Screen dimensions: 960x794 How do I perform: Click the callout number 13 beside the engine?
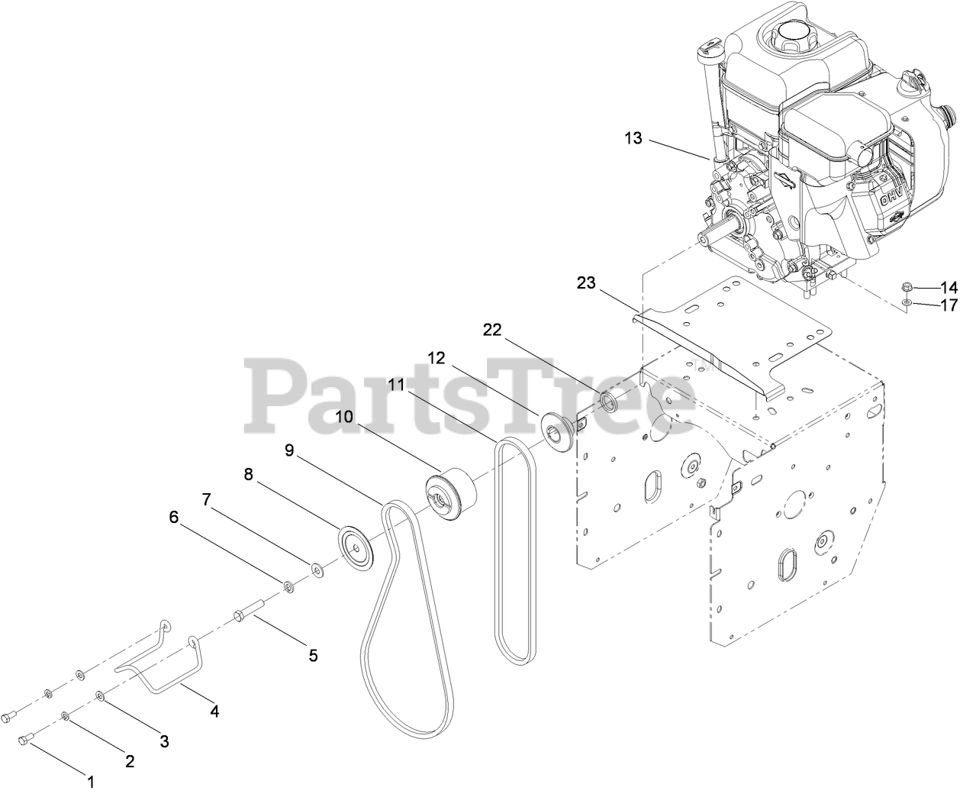pyautogui.click(x=633, y=138)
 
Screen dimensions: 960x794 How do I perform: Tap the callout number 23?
pyautogui.click(x=587, y=283)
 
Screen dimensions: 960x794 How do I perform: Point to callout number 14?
pyautogui.click(x=948, y=288)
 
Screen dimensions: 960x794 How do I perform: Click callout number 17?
pyautogui.click(x=948, y=305)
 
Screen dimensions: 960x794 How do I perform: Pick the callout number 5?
pyautogui.click(x=312, y=655)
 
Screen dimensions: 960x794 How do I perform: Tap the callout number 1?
pyautogui.click(x=91, y=782)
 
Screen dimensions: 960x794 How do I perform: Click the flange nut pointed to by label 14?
pyautogui.click(x=907, y=289)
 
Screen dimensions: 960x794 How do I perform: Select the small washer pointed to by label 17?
pyautogui.click(x=906, y=305)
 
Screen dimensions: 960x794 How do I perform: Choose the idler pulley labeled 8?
pyautogui.click(x=356, y=547)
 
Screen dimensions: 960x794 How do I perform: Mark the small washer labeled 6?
pyautogui.click(x=289, y=586)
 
